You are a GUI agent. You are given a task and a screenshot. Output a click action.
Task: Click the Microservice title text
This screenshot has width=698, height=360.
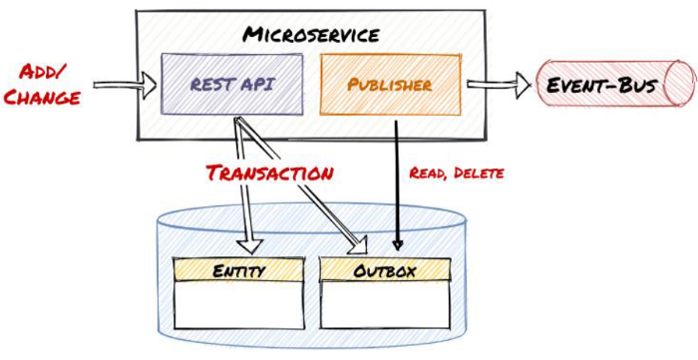click(311, 35)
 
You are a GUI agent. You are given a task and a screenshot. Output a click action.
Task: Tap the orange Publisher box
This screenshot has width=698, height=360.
click(390, 86)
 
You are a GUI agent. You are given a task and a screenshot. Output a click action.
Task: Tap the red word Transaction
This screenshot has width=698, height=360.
click(269, 173)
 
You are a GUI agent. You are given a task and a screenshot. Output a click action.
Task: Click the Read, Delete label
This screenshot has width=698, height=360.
click(457, 173)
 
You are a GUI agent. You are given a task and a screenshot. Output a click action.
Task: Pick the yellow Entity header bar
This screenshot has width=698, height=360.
click(236, 270)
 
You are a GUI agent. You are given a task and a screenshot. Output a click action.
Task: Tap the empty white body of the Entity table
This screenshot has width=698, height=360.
click(236, 304)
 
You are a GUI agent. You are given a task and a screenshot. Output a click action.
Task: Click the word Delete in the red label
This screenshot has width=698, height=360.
click(480, 173)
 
